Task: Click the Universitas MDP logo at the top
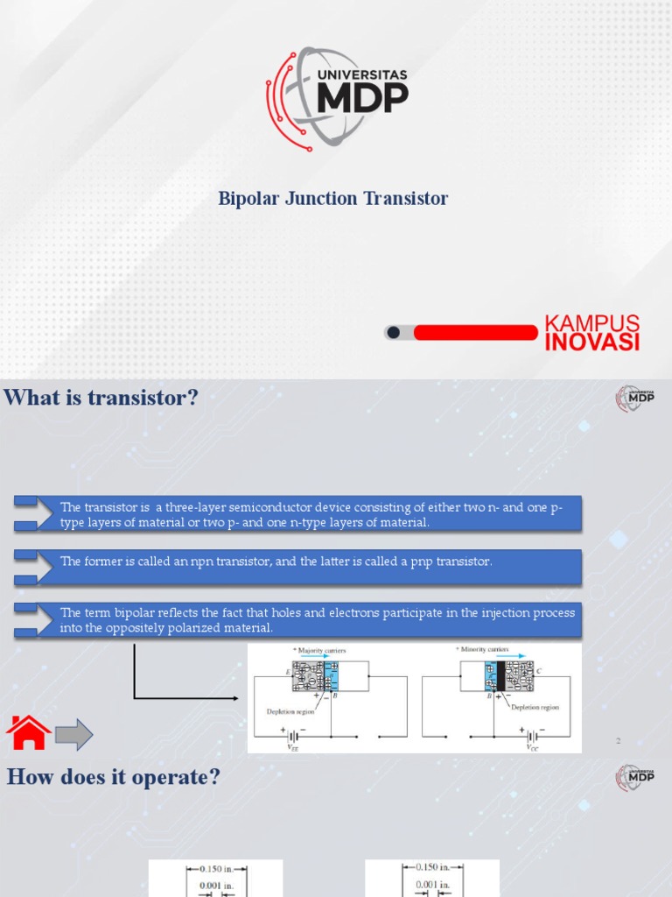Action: (336, 99)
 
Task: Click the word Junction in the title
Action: (332, 199)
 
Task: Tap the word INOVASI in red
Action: (591, 342)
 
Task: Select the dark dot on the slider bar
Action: (394, 332)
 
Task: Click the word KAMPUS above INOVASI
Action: (591, 322)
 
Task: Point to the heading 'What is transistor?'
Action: (101, 399)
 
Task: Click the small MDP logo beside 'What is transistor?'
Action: (635, 399)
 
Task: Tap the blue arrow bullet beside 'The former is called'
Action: (26, 565)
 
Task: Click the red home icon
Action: (28, 733)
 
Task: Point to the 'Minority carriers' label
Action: (483, 650)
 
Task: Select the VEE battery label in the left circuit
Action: (293, 747)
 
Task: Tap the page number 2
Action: (618, 741)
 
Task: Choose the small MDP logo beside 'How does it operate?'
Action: (635, 778)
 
